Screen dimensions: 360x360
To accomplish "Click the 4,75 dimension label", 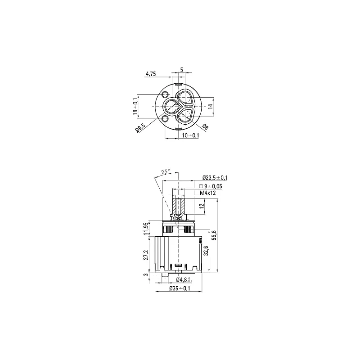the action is coord(151,74).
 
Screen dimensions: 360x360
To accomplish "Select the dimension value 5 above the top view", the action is coord(182,70).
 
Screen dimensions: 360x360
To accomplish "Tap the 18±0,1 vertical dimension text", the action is coord(135,106).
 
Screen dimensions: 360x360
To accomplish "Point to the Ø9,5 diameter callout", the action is coord(140,128).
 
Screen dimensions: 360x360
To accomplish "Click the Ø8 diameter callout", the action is coord(205,127).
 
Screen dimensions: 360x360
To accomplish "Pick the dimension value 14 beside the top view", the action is coord(210,106).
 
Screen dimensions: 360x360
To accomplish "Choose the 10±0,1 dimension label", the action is coord(190,135).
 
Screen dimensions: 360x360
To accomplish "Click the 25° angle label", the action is coord(165,171).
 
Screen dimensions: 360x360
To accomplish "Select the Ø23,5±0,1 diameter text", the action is coord(215,178).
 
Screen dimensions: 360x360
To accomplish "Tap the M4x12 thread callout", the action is coord(208,193).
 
